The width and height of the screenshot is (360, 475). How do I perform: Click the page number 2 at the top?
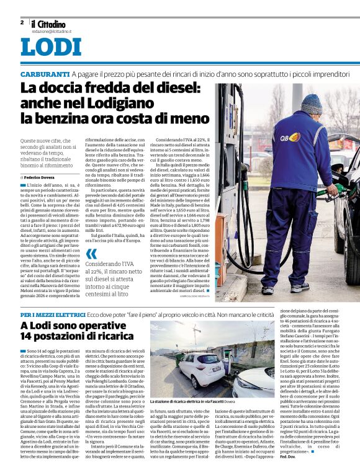pyautogui.click(x=22, y=22)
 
